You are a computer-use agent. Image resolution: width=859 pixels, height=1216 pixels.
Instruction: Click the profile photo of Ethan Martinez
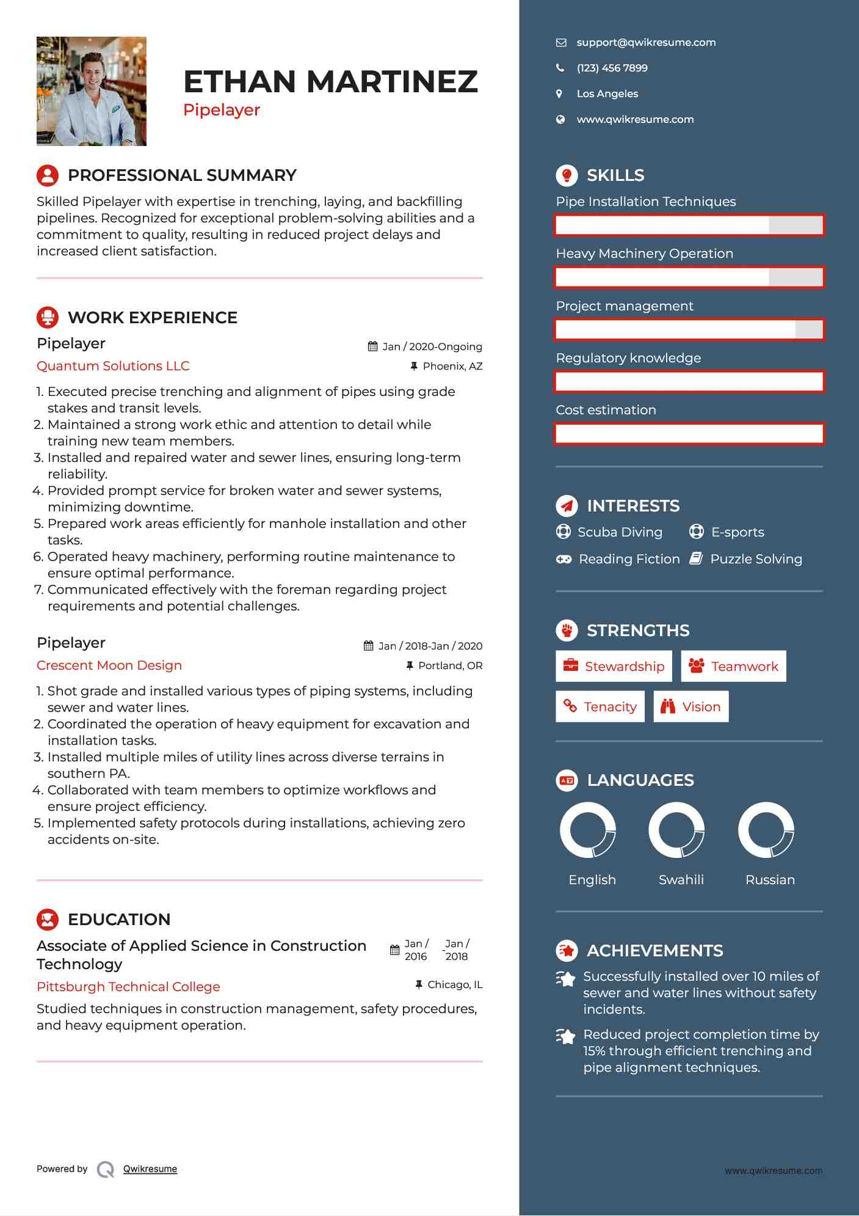coord(92,91)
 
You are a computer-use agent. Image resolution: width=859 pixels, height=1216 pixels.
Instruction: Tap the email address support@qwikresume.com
coord(646,43)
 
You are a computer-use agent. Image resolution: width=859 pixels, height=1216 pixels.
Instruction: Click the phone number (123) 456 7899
coord(612,68)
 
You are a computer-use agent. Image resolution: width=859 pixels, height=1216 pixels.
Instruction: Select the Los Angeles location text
coord(607,94)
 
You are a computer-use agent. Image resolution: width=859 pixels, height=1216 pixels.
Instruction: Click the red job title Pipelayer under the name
coord(222,110)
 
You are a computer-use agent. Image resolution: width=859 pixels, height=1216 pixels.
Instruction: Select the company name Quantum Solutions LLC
coord(113,366)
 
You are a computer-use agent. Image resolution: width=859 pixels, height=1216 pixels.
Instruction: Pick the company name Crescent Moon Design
coord(109,665)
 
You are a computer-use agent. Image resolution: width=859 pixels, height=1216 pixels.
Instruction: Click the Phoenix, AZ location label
coord(452,367)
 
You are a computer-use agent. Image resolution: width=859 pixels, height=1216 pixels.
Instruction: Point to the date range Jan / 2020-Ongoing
coord(432,347)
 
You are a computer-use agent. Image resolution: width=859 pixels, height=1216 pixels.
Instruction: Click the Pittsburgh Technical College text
coord(128,987)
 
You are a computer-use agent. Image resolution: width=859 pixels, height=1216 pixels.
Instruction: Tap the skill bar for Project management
coord(689,330)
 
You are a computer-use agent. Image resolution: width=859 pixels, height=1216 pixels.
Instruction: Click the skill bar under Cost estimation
coord(689,434)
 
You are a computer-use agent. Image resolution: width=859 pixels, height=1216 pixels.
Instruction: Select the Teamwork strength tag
coord(733,667)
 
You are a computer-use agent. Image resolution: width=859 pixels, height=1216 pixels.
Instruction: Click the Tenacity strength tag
coord(600,707)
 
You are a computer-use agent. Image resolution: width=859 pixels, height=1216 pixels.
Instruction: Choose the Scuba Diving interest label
coord(620,532)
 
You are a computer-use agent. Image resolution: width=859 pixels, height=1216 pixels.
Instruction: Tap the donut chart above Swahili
coord(676,830)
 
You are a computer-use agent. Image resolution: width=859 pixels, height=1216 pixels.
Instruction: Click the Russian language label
coord(770,880)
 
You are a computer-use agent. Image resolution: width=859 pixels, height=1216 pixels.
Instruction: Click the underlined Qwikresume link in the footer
coord(150,1169)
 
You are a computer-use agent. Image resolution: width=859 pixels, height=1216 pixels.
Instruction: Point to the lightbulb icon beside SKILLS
coord(567,175)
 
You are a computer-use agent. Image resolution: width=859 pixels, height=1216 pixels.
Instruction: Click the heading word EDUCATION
coord(119,920)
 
